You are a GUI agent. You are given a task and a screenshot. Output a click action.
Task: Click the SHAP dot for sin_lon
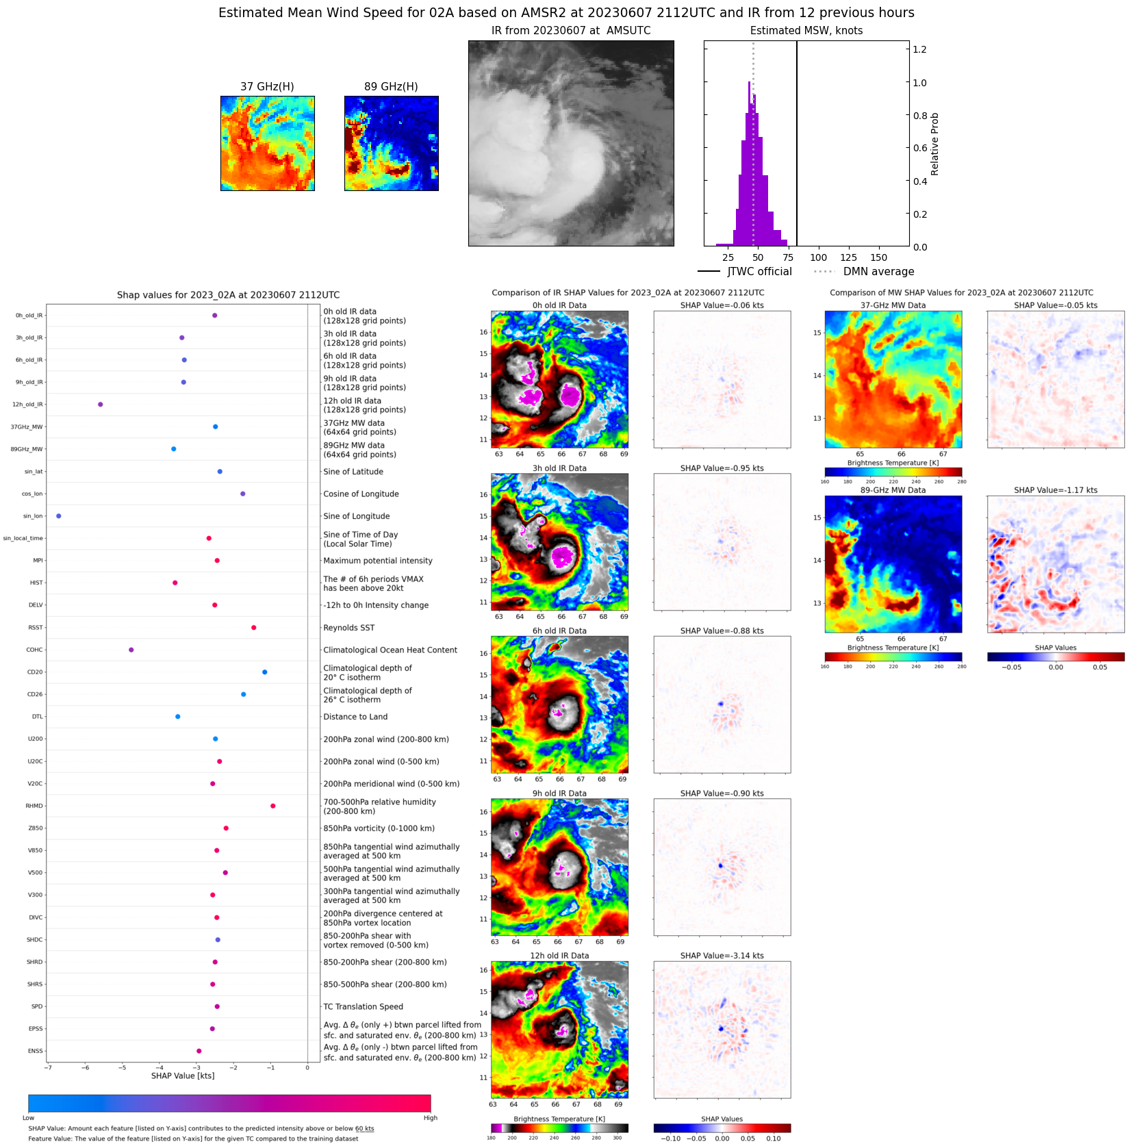[x=58, y=516]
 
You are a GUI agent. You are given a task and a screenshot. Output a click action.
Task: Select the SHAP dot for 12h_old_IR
[x=101, y=405]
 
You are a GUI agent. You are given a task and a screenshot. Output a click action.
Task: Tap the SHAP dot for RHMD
[x=272, y=806]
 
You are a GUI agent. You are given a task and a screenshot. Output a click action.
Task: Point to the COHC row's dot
[x=131, y=650]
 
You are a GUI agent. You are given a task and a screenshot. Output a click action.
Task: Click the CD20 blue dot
[x=264, y=672]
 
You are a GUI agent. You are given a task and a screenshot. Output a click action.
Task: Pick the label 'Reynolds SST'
[x=348, y=628]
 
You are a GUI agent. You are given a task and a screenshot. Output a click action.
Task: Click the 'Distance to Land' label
[x=355, y=717]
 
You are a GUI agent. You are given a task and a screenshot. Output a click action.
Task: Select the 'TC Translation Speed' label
[x=363, y=1006]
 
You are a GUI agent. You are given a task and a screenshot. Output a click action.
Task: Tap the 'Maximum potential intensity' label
[x=378, y=561]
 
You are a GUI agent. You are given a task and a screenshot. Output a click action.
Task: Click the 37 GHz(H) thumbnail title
[x=267, y=87]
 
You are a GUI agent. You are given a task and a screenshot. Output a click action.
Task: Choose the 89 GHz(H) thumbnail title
[x=391, y=87]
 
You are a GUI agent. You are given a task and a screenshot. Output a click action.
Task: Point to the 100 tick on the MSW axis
[x=818, y=258]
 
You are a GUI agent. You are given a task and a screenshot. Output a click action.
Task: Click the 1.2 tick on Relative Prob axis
[x=919, y=49]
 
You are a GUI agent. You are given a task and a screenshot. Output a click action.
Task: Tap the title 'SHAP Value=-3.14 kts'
[x=722, y=956]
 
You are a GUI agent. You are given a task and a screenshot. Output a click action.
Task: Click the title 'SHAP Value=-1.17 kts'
[x=1055, y=490]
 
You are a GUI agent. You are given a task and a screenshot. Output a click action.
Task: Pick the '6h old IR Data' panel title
[x=559, y=631]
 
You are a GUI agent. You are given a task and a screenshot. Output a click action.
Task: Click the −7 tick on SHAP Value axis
[x=48, y=1067]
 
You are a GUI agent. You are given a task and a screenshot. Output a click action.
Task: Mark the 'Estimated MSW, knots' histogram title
[x=806, y=31]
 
